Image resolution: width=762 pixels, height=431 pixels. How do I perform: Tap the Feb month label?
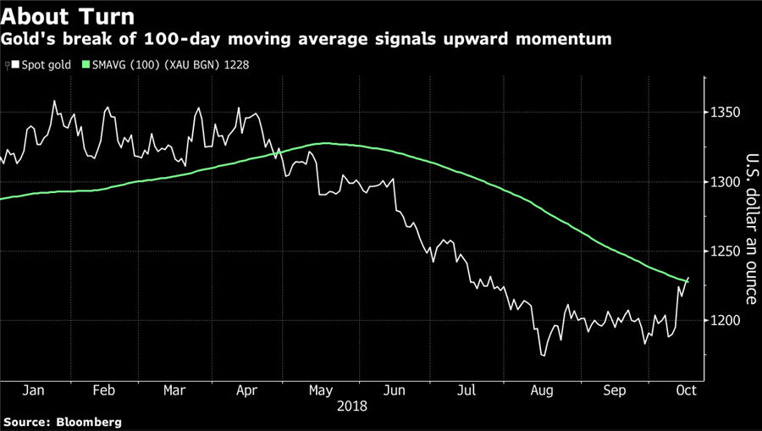pyautogui.click(x=103, y=392)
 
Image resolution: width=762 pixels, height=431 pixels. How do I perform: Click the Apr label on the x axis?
pyautogui.click(x=247, y=392)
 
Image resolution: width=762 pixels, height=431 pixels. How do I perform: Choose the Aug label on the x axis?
pyautogui.click(x=541, y=392)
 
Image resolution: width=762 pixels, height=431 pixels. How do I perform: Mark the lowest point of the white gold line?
pyautogui.click(x=542, y=356)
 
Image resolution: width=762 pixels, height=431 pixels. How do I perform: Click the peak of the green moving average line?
pyautogui.click(x=326, y=143)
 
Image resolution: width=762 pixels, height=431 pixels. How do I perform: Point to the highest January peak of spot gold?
pyautogui.click(x=54, y=101)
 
